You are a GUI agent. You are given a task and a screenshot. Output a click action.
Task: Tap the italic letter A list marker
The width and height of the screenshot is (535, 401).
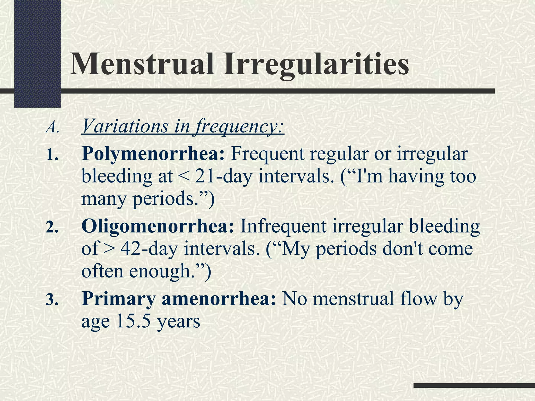[52, 128]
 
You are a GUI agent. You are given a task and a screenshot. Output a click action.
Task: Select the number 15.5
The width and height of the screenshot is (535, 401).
[133, 321]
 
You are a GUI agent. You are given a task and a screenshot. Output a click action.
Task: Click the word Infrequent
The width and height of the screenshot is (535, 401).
[283, 226]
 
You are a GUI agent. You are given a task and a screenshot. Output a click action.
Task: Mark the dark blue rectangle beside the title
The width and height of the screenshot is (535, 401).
[37, 54]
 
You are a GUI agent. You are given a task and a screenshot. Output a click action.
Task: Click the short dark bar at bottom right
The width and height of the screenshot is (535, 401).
[474, 385]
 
